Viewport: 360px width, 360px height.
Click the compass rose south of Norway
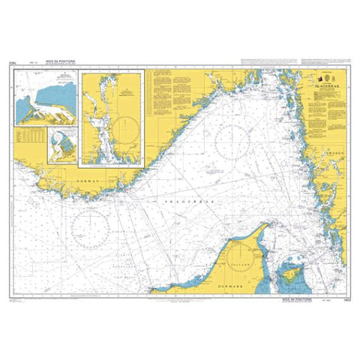point(91,224)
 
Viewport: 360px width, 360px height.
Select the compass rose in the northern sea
point(231,139)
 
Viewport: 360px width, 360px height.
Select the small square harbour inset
point(62,145)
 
